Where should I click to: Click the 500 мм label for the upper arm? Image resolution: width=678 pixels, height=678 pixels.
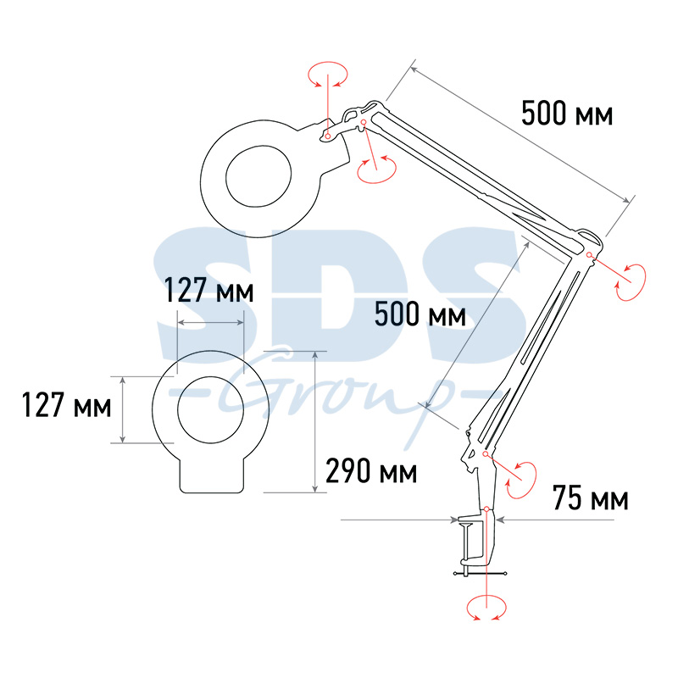coord(567,114)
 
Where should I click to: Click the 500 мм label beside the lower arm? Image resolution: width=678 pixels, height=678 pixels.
coord(420,314)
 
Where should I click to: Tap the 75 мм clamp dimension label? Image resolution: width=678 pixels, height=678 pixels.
coord(590,498)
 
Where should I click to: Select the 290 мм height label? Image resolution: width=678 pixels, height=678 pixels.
coord(371,470)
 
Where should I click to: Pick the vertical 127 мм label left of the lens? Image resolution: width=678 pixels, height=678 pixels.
coord(67,405)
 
